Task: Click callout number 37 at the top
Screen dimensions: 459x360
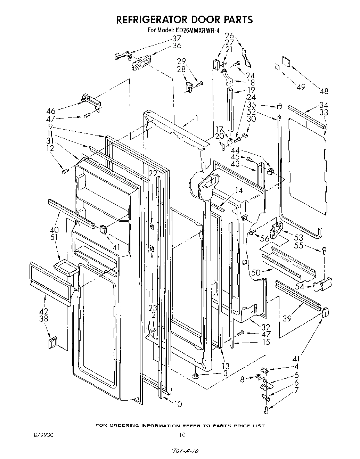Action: (177, 38)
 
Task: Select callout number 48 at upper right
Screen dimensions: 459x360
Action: (324, 92)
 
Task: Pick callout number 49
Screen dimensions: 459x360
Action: (301, 87)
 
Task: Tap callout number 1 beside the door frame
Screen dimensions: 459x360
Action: (196, 118)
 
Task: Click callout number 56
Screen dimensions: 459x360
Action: (265, 239)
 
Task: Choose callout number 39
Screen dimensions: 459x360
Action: (287, 318)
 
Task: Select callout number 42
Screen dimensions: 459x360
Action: (44, 311)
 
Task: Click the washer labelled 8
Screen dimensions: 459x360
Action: (258, 377)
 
